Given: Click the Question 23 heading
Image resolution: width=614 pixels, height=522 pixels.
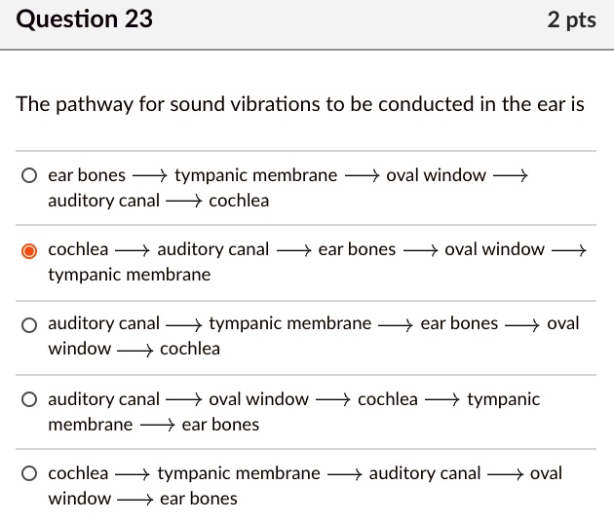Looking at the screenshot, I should (85, 19).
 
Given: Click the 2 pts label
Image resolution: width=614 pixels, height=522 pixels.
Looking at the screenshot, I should (572, 19).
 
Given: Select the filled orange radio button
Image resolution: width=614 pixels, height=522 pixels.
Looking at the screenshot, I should (30, 250).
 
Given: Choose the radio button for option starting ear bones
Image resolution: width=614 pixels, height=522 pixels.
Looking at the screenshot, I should (30, 176).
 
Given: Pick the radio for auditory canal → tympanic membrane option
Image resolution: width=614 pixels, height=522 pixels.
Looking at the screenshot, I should (30, 324).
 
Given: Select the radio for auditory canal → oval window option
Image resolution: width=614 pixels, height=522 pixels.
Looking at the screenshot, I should (30, 399).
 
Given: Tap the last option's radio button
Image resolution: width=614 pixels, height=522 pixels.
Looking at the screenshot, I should (30, 474).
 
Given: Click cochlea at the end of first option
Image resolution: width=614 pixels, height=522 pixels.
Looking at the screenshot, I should (239, 201).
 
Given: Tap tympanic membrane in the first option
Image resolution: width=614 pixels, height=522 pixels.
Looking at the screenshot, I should (255, 175).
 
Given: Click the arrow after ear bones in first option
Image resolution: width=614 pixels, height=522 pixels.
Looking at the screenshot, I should (149, 176).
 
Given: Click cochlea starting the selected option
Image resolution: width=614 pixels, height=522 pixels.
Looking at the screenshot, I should (78, 249).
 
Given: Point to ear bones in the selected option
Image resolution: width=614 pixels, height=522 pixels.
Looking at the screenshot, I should (357, 249).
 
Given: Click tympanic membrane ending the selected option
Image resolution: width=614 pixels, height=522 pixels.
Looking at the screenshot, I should (129, 275).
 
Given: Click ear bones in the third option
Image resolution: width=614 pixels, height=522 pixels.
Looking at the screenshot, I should (459, 323).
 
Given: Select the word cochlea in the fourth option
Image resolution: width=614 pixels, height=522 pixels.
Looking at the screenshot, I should (387, 398).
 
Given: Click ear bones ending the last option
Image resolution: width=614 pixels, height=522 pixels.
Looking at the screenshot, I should (198, 499).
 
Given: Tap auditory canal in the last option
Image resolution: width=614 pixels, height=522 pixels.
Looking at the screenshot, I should (424, 473).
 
